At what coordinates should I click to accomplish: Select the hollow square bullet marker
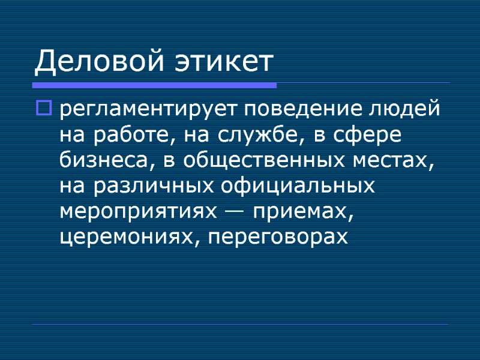click(45, 109)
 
